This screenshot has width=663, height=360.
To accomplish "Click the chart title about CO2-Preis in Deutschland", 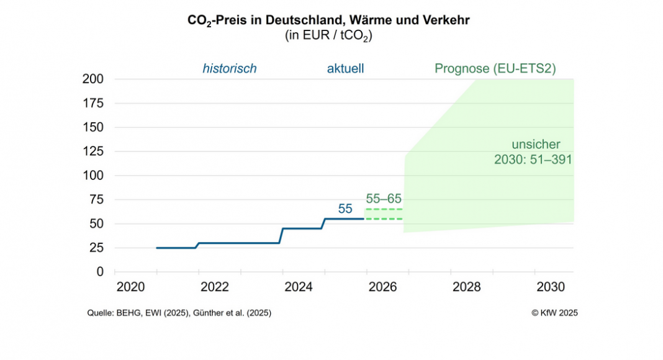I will (328, 20).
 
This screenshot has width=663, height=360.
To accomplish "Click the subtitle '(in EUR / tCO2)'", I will (328, 36).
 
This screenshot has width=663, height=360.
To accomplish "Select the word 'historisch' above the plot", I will (229, 69).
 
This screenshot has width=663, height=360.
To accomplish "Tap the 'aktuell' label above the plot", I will (345, 69).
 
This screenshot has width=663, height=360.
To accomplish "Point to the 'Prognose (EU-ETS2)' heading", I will (495, 69).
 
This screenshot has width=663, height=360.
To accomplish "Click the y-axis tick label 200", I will (92, 79).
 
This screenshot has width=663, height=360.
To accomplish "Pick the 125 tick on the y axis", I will (92, 151).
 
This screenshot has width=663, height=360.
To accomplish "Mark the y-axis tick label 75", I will (96, 199).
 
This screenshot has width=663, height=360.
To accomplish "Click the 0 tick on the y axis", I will (100, 272).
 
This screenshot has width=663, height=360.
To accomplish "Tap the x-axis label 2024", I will (298, 287).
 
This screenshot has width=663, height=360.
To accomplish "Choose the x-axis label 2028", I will (466, 287).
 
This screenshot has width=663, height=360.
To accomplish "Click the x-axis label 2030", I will (550, 287).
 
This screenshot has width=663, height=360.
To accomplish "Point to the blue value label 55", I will (345, 209).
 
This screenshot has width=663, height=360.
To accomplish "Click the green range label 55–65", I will (384, 199).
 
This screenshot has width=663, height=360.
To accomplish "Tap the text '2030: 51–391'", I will (533, 160).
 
